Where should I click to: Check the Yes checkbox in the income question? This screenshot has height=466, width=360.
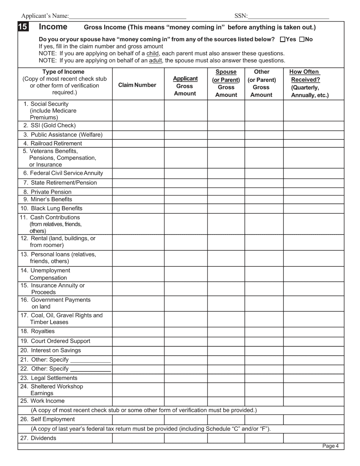283,39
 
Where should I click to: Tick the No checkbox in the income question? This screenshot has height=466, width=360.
302,39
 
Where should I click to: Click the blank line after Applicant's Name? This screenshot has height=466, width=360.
127,17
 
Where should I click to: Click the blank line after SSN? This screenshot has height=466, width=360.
288,17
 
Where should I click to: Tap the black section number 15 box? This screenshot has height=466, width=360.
22,27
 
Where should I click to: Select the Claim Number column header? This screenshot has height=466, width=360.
137,85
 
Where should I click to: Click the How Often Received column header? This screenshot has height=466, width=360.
310,83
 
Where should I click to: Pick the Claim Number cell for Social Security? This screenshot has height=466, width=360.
138,111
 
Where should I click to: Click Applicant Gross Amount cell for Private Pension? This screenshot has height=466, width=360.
186,192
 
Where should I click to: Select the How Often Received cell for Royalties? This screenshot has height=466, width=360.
313,332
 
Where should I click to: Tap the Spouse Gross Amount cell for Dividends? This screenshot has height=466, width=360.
226,438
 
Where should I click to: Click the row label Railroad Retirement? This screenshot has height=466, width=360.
52,143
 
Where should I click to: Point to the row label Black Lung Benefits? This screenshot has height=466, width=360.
51,208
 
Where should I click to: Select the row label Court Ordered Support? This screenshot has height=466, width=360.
55,341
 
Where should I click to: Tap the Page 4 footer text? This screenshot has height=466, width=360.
330,446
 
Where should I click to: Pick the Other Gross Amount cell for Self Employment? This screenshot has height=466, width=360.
264,419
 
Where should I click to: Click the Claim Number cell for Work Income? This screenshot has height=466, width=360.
138,401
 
